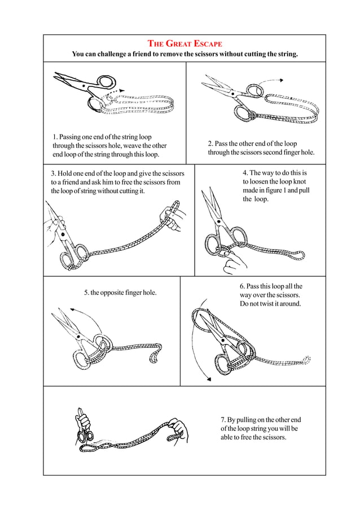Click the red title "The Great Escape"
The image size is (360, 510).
185,43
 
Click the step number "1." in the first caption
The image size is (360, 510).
55,137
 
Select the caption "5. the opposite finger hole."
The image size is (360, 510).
120,293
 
